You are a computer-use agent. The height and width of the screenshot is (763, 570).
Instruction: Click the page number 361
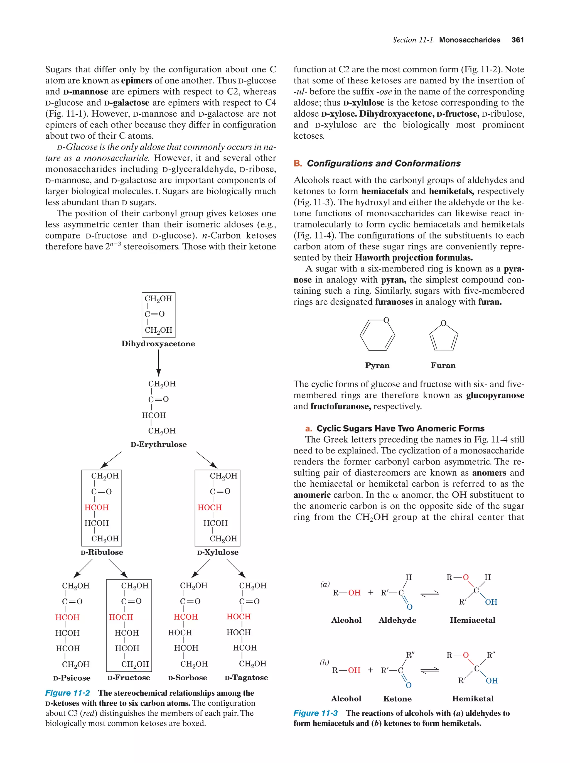(x=517, y=40)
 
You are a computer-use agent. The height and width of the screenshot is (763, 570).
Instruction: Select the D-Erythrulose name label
(x=159, y=444)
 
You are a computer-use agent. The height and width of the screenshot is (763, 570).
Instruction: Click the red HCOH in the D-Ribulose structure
(x=97, y=507)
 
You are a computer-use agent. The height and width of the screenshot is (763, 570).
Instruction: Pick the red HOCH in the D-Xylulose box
(x=210, y=507)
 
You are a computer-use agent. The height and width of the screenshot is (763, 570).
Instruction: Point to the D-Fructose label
(x=129, y=678)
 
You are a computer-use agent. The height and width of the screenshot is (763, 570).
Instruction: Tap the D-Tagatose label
(x=246, y=678)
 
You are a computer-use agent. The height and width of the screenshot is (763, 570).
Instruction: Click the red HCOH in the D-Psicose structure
(x=67, y=617)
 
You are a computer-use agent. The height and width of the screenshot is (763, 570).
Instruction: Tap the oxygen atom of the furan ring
(x=443, y=323)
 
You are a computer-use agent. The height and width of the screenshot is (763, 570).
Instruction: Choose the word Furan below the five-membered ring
(x=443, y=365)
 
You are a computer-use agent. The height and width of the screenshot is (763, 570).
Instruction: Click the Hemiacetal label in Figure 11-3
(x=472, y=620)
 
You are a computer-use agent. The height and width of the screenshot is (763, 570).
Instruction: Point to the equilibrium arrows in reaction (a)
(x=430, y=593)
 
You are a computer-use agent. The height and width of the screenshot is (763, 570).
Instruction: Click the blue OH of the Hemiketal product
(x=492, y=681)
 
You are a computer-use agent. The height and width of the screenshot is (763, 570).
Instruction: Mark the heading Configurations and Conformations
(x=384, y=163)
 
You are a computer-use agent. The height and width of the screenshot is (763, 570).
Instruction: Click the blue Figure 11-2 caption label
(x=68, y=693)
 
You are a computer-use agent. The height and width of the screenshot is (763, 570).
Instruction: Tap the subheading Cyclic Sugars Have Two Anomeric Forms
(x=400, y=428)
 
